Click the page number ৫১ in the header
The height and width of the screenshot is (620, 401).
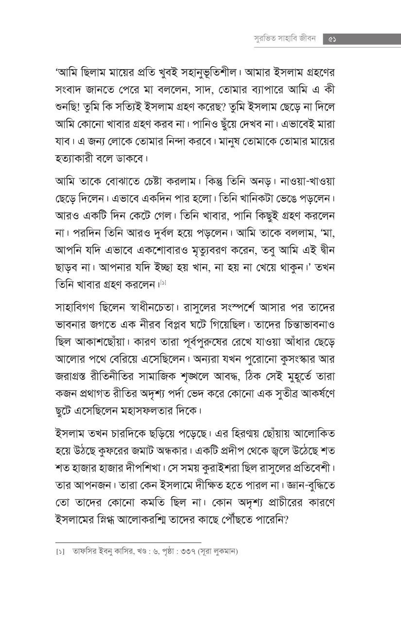[x=333, y=39]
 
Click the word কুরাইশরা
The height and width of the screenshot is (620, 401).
[x=222, y=468]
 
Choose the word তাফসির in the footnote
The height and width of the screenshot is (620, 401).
[x=84, y=551]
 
